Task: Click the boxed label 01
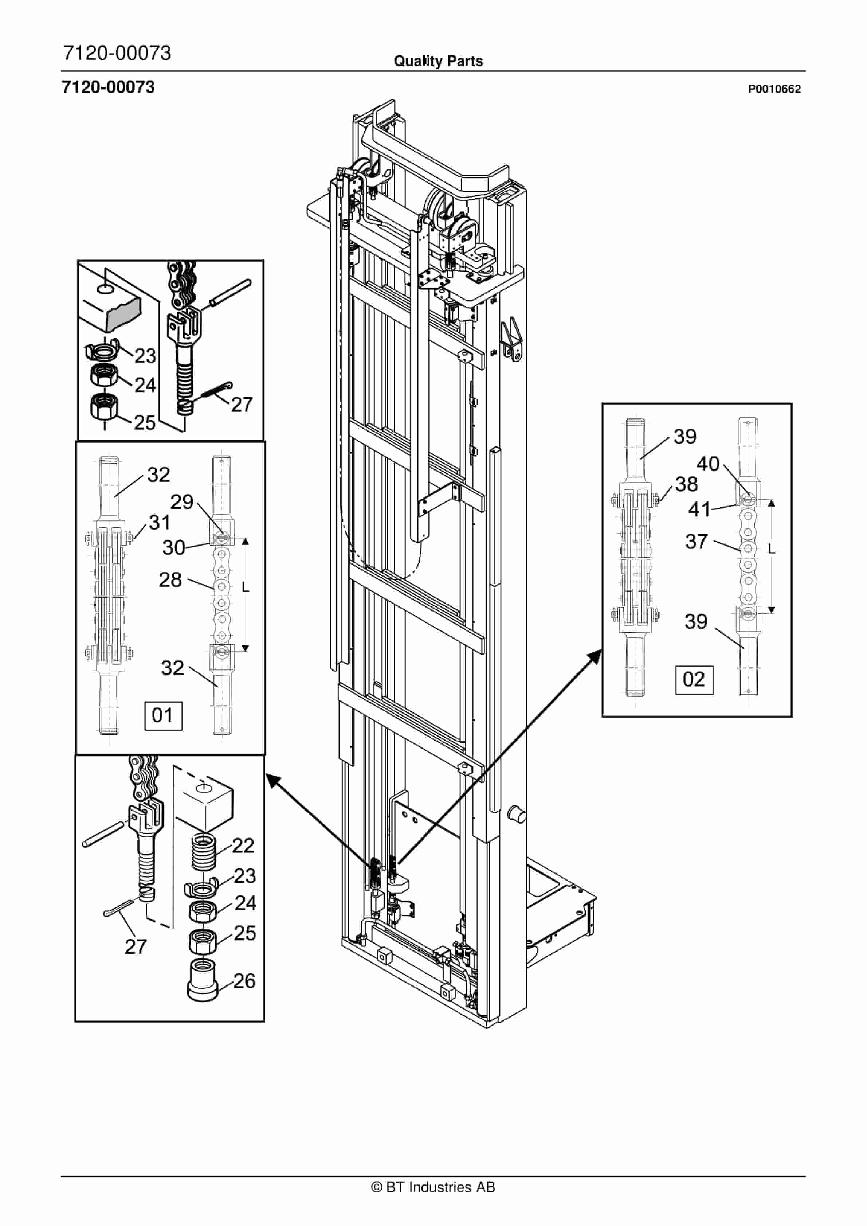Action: [x=163, y=715]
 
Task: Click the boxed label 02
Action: [x=694, y=680]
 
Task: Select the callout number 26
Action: [x=244, y=980]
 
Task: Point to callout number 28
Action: [x=170, y=580]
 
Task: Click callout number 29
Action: [x=181, y=502]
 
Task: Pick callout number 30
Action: [x=173, y=547]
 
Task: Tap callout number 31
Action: [x=159, y=522]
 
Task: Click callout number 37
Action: [x=697, y=542]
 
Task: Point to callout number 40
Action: [x=708, y=464]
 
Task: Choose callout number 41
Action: [x=699, y=509]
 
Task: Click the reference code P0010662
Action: [x=774, y=89]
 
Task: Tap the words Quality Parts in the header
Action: [x=438, y=61]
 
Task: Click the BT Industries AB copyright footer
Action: [x=433, y=1187]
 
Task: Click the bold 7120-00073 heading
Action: [x=109, y=87]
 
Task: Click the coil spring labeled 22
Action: [x=203, y=850]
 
